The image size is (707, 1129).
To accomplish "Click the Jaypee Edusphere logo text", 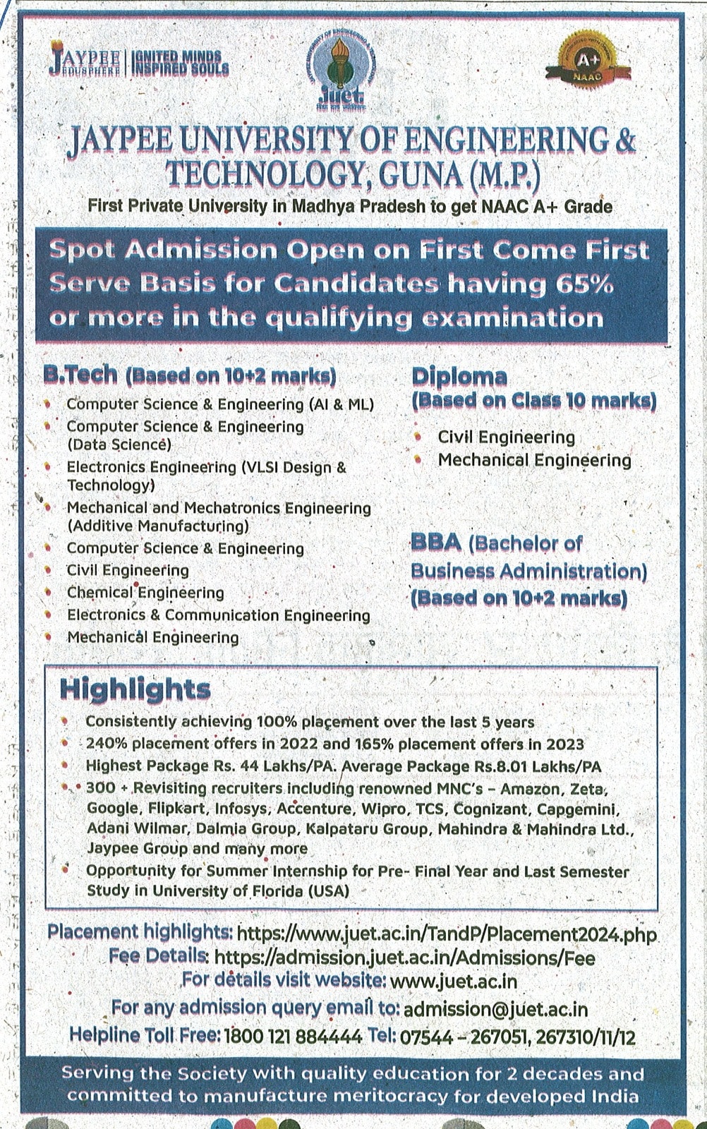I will (85, 62).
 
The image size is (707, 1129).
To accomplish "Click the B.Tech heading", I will (80, 375).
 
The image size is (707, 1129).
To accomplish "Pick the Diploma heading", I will (459, 376).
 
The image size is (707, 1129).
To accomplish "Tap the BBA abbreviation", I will (435, 543).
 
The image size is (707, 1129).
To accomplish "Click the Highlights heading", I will (135, 689).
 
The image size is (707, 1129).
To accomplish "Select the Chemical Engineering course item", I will (145, 593).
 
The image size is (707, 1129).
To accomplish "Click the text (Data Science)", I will (119, 445).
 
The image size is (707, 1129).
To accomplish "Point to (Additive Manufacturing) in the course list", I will (158, 526).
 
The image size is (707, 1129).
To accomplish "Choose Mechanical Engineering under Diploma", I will (534, 460).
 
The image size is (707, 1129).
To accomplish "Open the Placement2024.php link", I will (446, 934).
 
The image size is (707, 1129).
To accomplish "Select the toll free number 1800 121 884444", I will (294, 1037).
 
